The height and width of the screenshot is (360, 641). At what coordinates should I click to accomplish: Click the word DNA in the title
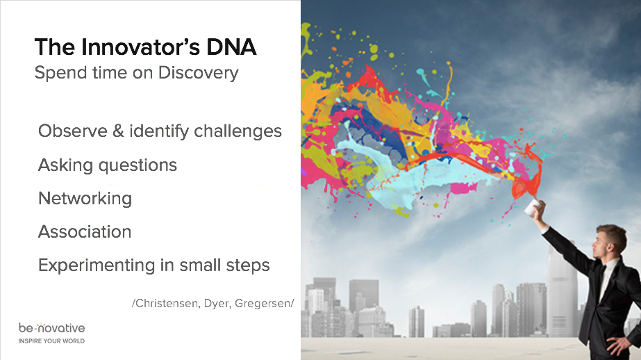click(x=231, y=47)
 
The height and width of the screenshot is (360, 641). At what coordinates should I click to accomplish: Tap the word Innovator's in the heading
click(x=140, y=47)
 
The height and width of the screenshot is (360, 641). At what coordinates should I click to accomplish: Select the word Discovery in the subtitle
click(x=198, y=73)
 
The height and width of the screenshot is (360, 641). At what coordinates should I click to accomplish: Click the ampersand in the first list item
click(x=118, y=131)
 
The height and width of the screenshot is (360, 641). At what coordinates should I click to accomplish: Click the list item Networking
click(x=85, y=199)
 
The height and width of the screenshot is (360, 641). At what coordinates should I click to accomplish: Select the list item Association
click(x=85, y=232)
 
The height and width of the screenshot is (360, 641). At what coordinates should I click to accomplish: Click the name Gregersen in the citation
click(x=263, y=304)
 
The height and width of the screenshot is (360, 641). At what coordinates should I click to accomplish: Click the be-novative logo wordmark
click(x=52, y=327)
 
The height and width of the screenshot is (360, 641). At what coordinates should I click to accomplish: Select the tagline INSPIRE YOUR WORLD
click(x=51, y=341)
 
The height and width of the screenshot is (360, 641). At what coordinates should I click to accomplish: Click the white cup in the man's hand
click(x=533, y=207)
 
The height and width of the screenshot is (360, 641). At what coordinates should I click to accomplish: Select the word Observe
click(x=73, y=131)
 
